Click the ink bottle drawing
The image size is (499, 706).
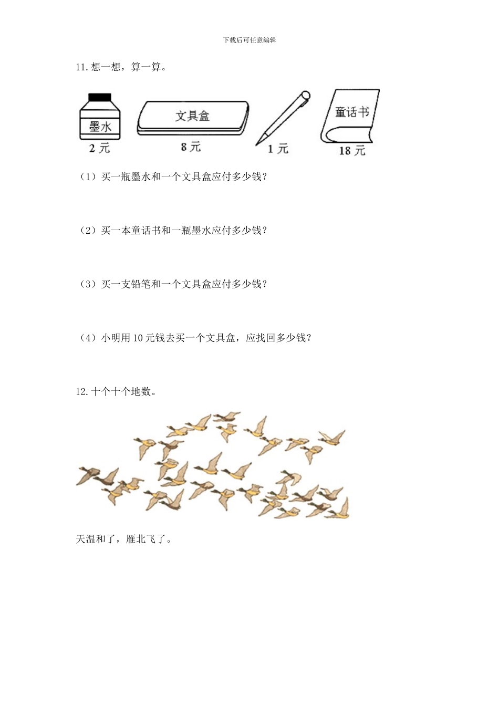coord(100,118)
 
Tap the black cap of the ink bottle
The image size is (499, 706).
coord(100,97)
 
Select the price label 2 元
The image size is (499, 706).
coord(100,148)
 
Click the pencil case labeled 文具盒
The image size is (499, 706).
coord(193,118)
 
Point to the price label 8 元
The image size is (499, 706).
coord(191,147)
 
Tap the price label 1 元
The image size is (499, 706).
coord(278,149)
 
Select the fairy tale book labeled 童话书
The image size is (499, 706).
coord(350,116)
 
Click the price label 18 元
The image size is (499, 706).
coord(351,151)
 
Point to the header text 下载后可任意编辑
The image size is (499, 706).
coord(250,40)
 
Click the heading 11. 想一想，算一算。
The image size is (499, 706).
coord(121,67)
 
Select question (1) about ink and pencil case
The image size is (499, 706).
coord(173,176)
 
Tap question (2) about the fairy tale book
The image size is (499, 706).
coord(173,230)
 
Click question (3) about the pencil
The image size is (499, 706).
coord(173,284)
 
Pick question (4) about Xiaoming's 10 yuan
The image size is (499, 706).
coord(195,337)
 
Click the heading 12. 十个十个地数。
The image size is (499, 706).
coord(116,391)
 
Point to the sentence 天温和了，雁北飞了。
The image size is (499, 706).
coord(124,539)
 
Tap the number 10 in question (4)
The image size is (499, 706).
coord(138,338)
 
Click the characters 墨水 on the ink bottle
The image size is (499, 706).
coord(100,127)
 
